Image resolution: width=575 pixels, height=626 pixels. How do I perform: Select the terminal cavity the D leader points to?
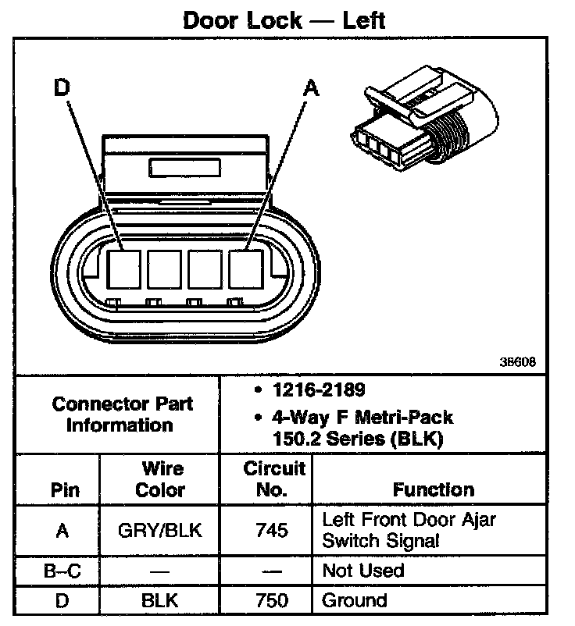click(x=122, y=269)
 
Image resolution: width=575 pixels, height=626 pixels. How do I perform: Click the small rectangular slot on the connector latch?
click(x=184, y=167)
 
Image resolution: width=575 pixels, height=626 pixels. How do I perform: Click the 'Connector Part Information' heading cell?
click(x=123, y=414)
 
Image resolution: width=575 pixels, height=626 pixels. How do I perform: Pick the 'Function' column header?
click(x=433, y=490)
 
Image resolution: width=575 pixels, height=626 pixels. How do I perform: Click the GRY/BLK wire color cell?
click(x=160, y=530)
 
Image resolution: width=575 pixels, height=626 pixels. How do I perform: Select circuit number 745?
click(x=272, y=530)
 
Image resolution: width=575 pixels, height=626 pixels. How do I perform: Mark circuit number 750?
click(x=272, y=600)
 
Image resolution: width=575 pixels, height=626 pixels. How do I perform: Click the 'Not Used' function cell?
click(x=363, y=571)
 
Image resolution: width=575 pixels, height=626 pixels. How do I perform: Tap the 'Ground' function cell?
click(x=355, y=600)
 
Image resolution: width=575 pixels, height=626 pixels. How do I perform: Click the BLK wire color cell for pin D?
click(x=160, y=600)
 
